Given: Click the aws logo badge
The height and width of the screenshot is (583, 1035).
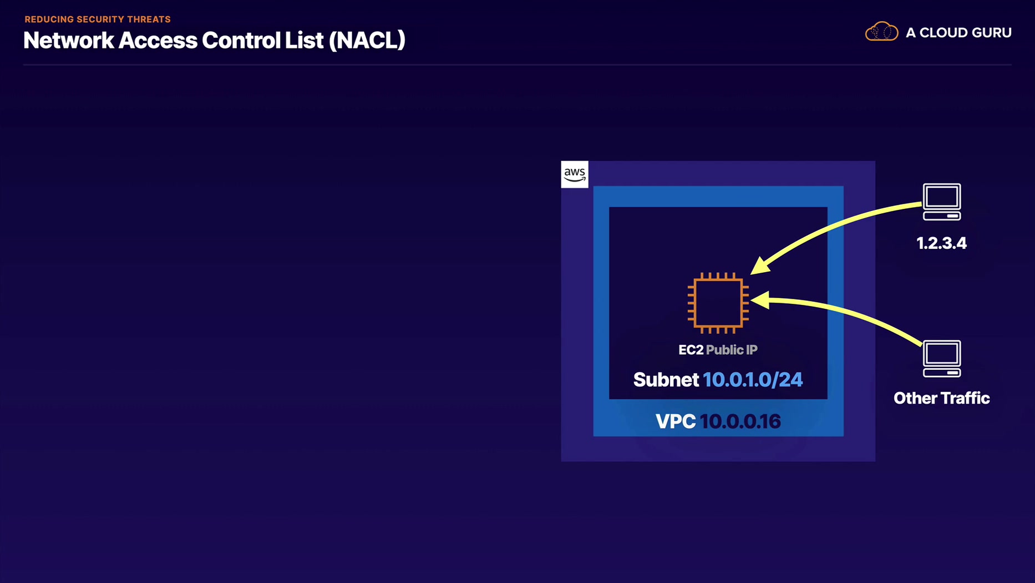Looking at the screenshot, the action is coord(574,174).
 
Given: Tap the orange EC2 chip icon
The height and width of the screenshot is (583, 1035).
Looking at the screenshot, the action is coord(718,303).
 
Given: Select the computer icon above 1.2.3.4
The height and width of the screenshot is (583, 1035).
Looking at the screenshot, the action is coord(941,202).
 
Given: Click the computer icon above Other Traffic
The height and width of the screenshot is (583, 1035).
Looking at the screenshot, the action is coord(941,359).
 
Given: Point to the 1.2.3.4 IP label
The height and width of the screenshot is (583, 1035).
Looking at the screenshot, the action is coord(941,243).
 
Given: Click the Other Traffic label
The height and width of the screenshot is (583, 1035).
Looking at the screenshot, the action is coord(941,398).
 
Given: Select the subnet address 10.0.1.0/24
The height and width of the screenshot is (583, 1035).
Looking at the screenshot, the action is coord(752,380).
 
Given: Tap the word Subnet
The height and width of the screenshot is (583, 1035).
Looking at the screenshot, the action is coord(666,380).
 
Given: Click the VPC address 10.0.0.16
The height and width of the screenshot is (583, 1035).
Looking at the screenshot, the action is coord(740,421).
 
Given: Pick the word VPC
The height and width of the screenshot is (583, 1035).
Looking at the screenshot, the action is coord(675,421).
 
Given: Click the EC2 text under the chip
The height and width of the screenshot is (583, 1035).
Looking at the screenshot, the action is coord(691,350).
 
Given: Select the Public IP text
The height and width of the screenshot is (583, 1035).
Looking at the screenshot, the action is coord(732,350).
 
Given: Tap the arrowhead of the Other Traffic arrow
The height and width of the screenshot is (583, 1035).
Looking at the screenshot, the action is coord(759,300).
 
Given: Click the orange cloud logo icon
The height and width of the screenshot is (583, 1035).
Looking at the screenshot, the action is coord(881,32).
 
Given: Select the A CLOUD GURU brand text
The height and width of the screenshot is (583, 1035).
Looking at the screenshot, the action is coord(958,33).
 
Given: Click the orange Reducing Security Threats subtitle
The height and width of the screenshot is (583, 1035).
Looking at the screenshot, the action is coord(98,19).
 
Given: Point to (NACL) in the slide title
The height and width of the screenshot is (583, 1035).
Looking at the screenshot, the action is coord(367,41).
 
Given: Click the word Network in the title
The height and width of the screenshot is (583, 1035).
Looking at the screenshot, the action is coord(68,41).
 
